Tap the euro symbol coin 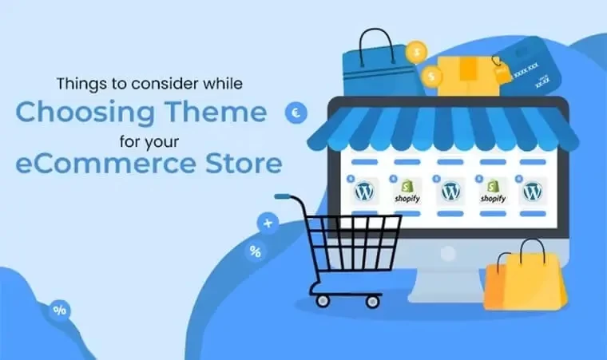[x=296, y=114]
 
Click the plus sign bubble [x=267, y=224]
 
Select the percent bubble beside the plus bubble [x=255, y=252]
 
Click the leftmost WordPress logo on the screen [x=364, y=192]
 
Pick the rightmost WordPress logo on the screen [x=533, y=192]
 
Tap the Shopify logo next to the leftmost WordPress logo [x=407, y=194]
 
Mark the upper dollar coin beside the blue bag [x=415, y=53]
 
